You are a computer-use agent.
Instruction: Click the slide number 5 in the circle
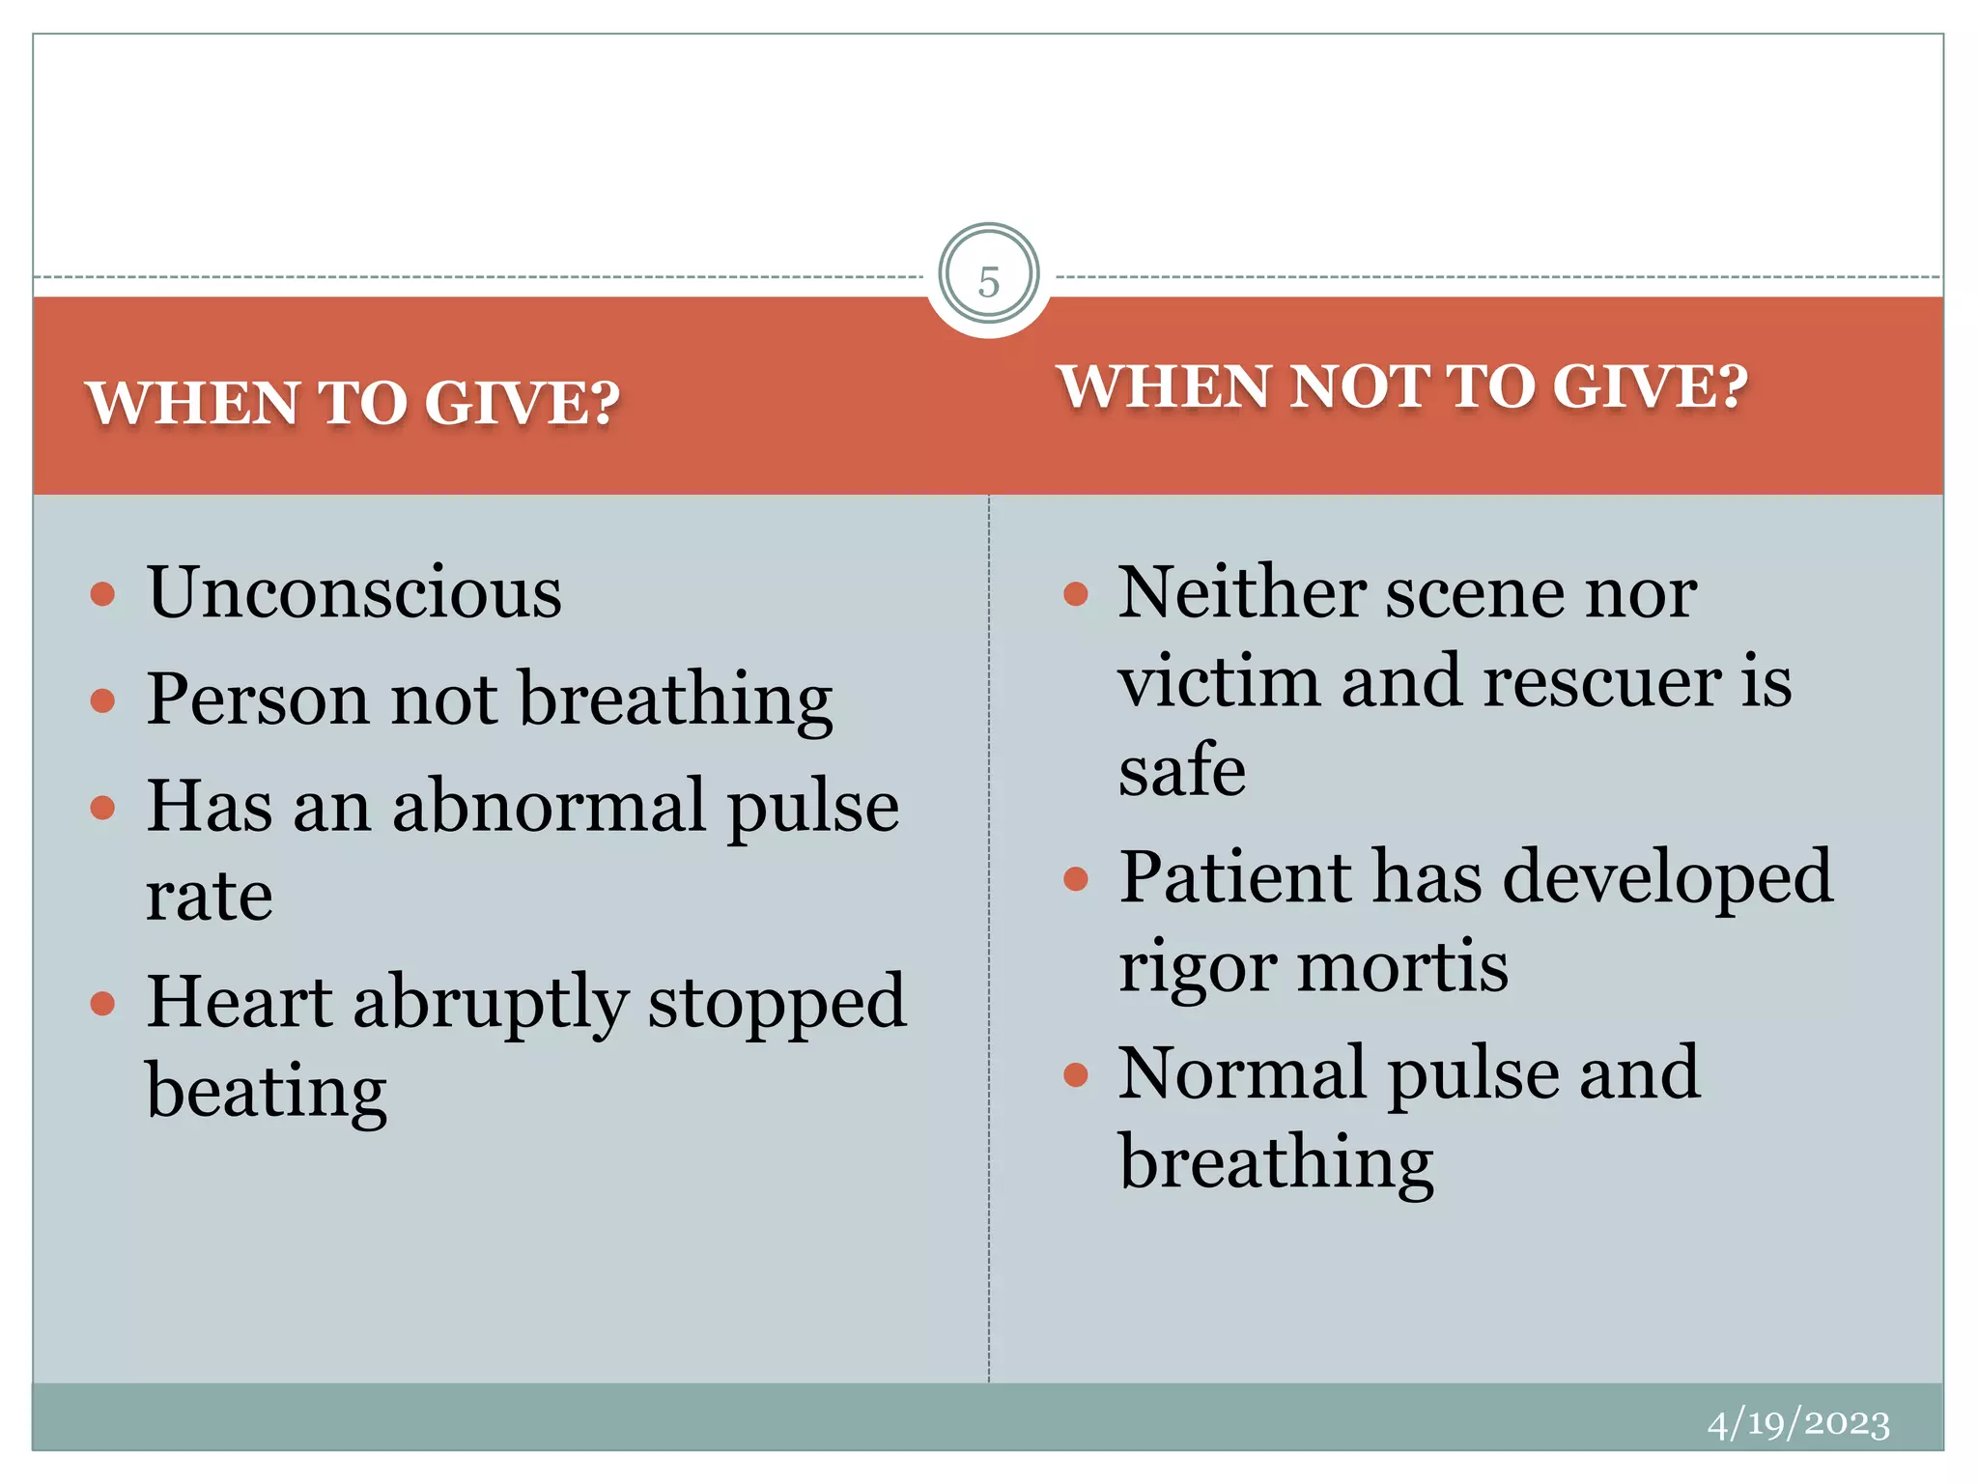(988, 281)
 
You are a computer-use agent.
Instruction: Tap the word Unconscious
(354, 592)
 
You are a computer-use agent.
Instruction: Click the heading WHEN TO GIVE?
(353, 402)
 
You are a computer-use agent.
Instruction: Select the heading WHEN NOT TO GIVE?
(1401, 386)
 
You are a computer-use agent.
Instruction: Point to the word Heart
(240, 1002)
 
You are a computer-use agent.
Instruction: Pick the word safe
(1181, 770)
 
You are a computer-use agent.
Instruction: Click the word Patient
(1235, 877)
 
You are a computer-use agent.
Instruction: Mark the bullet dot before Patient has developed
(1075, 878)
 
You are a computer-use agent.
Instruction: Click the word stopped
(777, 1002)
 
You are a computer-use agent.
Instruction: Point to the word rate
(209, 896)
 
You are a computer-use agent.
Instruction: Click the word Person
(257, 699)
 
